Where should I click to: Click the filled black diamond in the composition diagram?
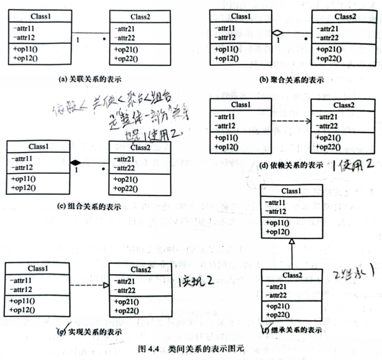click(x=76, y=162)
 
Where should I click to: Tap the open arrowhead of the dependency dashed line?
click(x=309, y=121)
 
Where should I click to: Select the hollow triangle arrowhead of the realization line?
click(x=106, y=285)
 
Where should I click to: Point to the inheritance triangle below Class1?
click(x=291, y=243)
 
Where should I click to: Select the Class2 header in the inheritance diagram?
click(x=292, y=274)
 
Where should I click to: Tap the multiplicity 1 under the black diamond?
click(x=76, y=170)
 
